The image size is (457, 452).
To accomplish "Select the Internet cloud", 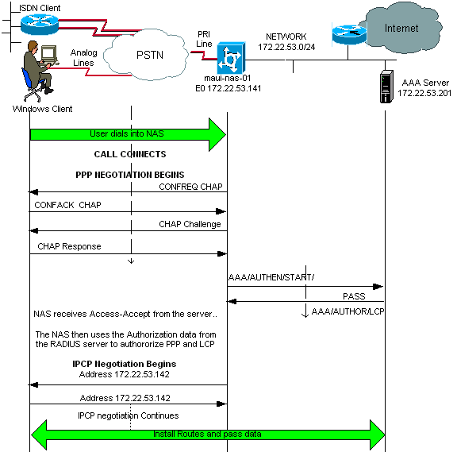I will (x=401, y=29).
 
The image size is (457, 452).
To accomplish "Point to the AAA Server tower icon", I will (x=387, y=87).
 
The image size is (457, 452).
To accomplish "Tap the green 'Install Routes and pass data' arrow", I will (x=207, y=435).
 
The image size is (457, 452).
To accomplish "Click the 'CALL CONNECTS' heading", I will (x=130, y=154).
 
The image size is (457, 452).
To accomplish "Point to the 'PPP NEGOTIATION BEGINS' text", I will (x=130, y=174).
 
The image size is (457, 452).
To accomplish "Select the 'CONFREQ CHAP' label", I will (x=191, y=186).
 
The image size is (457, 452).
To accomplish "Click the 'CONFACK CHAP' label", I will (x=67, y=205).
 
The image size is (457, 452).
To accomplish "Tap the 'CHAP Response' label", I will (x=69, y=246).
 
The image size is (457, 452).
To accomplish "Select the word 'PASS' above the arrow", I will (x=354, y=296).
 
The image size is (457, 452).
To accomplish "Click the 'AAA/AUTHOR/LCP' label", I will (x=348, y=312).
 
